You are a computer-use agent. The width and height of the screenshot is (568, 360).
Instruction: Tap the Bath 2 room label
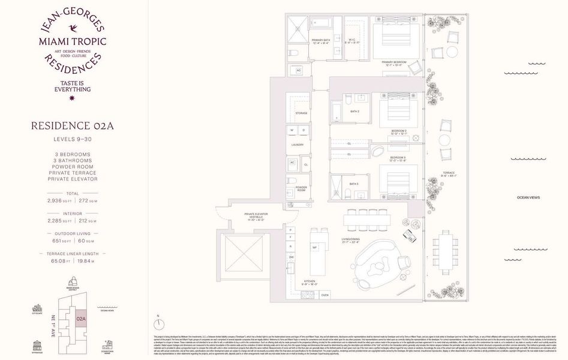pyautogui.click(x=354, y=112)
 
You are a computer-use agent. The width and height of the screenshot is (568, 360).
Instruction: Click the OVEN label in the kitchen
pyautogui.click(x=324, y=295)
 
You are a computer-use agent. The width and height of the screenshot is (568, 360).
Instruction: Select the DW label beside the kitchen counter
pyautogui.click(x=291, y=257)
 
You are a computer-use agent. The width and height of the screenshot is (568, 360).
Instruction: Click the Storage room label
pyautogui.click(x=301, y=112)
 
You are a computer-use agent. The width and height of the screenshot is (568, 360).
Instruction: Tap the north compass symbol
pyautogui.click(x=158, y=323)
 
